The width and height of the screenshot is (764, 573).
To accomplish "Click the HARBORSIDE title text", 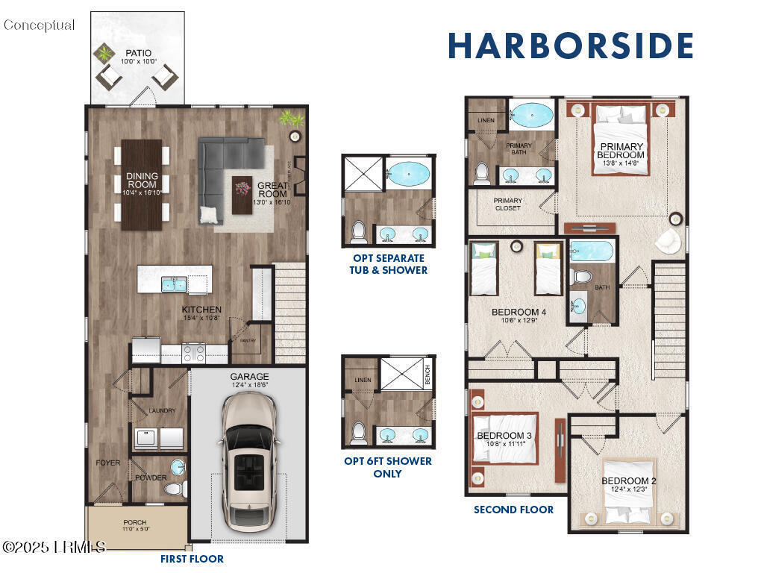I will click(571, 46).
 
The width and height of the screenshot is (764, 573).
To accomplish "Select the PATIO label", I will click(137, 54).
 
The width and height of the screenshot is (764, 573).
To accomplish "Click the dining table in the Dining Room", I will click(142, 184).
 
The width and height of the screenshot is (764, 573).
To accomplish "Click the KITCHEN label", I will click(201, 310).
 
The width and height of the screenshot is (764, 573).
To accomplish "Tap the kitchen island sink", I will click(174, 284).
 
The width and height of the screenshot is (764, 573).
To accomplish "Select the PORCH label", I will click(135, 522).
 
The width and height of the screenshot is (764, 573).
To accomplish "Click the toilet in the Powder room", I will click(174, 489).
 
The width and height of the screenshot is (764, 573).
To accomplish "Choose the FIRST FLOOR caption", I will click(192, 558).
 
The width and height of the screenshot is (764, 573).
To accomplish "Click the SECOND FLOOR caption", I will click(513, 510).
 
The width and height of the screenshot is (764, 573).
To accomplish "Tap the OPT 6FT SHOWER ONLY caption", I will click(387, 467).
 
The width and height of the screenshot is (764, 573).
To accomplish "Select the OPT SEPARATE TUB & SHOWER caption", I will click(388, 264).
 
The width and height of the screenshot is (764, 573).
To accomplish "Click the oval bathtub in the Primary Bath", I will click(530, 115).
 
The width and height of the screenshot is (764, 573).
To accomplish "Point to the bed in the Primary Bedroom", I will click(620, 138).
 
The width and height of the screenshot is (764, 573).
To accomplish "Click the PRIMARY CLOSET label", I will click(508, 204).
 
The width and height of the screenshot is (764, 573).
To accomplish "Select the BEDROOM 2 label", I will click(629, 480).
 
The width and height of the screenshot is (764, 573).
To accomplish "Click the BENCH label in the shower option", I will click(428, 378).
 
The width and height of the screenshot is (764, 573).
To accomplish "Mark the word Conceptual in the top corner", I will click(40, 25).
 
